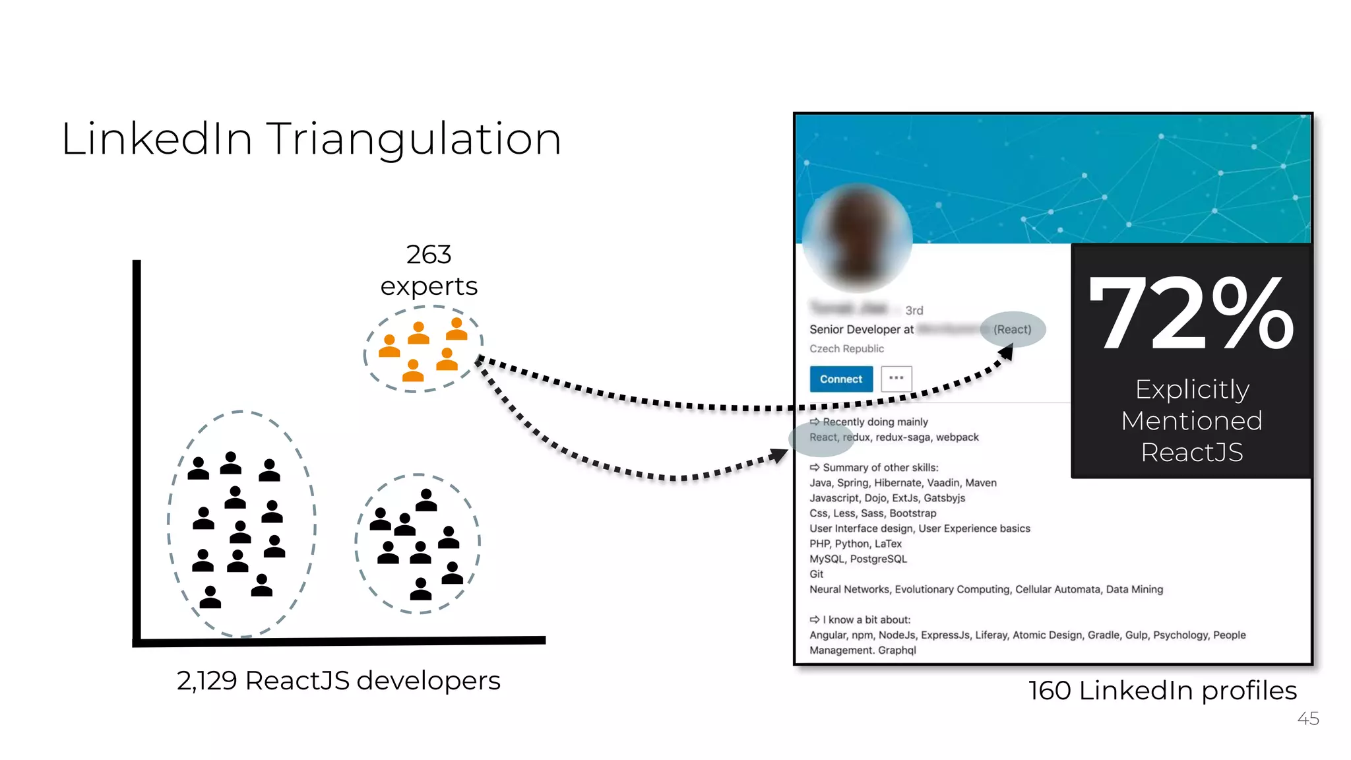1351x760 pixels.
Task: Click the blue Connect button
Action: coord(841,379)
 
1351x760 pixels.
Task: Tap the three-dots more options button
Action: coord(896,379)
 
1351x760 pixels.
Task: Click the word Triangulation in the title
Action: coord(414,139)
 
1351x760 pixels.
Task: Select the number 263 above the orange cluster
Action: coord(429,255)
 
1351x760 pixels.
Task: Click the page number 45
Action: coord(1307,718)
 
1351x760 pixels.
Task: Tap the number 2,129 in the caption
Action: coord(206,681)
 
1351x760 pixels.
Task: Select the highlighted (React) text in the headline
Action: coord(1013,329)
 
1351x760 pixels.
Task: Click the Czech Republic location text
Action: coord(846,348)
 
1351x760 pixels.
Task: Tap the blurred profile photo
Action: coord(858,237)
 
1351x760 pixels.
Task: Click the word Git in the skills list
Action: coord(817,574)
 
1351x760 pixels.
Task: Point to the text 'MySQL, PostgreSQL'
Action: coord(858,559)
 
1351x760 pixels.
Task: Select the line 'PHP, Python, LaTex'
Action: coord(856,544)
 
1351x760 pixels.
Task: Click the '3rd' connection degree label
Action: coord(914,310)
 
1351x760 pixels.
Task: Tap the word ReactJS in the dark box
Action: coord(1192,453)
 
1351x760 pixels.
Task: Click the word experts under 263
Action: coord(429,286)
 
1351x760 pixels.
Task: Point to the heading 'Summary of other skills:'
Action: coord(880,468)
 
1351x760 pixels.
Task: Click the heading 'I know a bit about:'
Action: coord(866,619)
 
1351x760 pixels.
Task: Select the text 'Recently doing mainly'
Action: coord(875,422)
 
